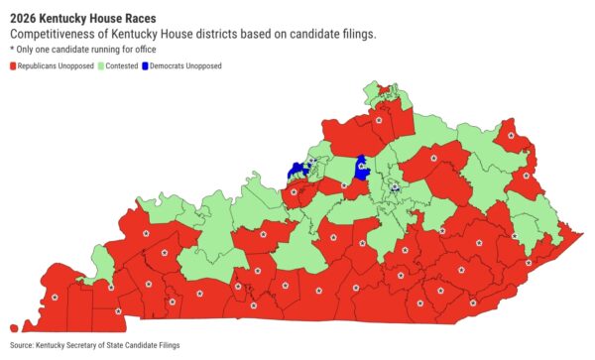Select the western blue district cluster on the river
pyautogui.click(x=297, y=171)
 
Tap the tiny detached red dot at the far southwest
pyautogui.click(x=13, y=326)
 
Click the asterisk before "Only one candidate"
pyautogui.click(x=12, y=48)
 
